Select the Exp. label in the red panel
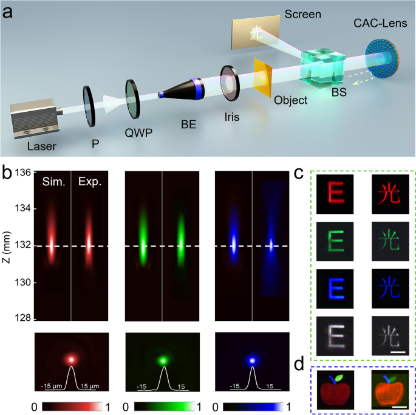[86, 182]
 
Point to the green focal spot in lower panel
[162, 360]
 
